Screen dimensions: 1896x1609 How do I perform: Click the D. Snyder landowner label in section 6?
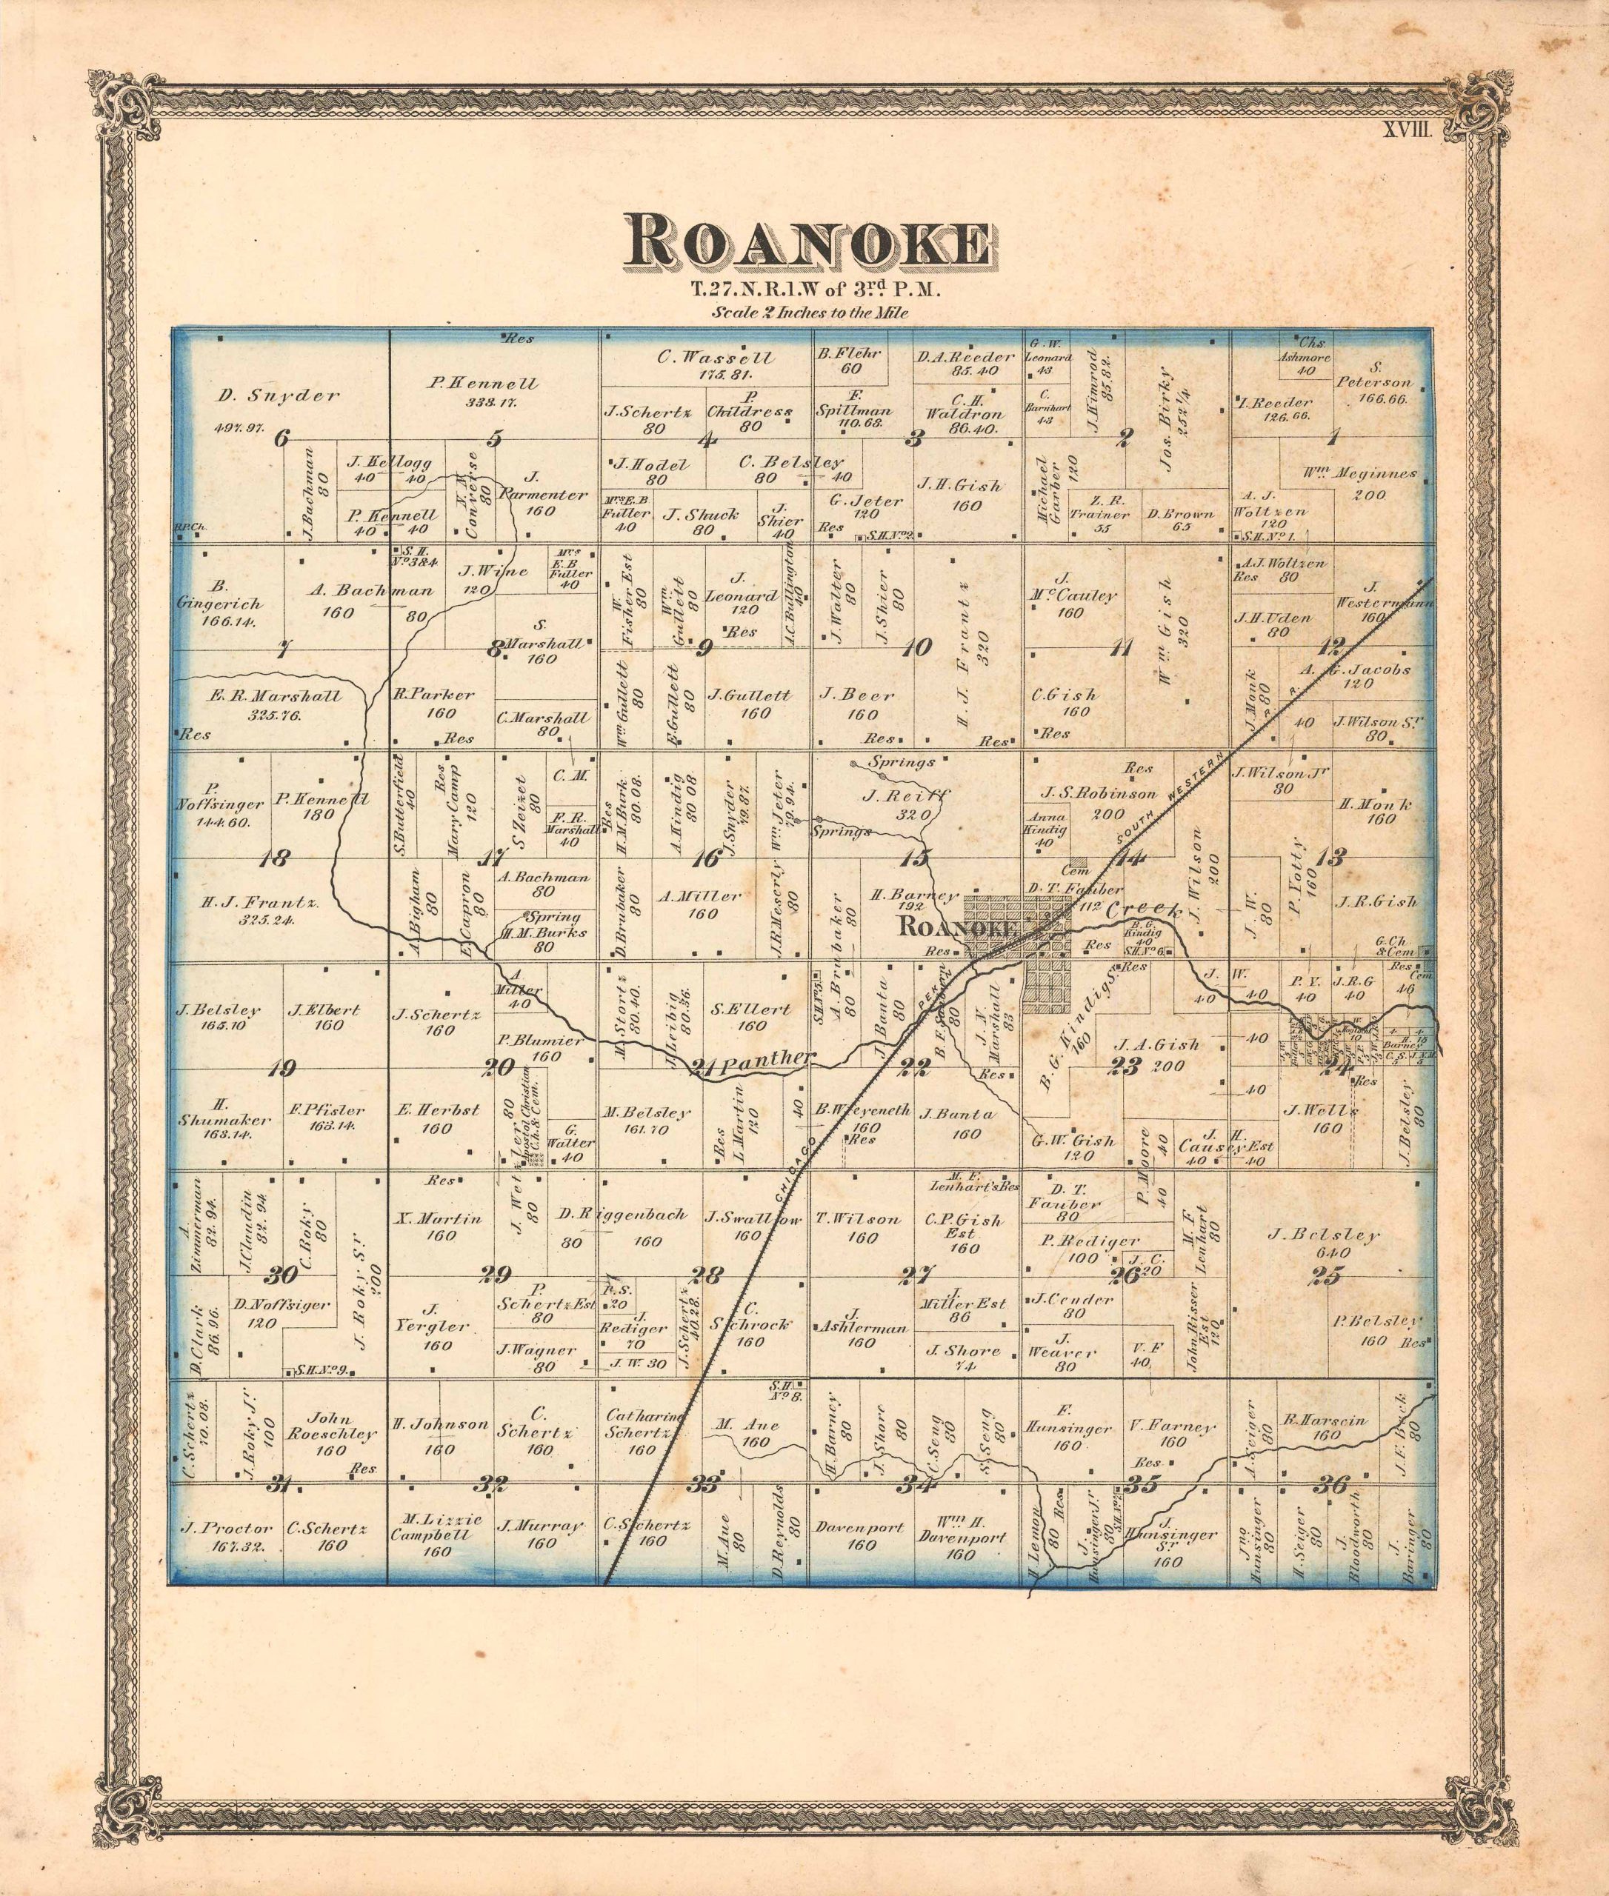[279, 395]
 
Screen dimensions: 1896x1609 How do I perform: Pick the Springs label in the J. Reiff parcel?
[902, 761]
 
